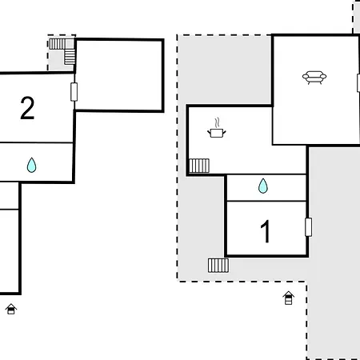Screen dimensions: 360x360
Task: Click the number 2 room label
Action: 27,108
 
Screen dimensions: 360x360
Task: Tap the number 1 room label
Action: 266,231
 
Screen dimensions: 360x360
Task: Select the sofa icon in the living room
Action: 314,78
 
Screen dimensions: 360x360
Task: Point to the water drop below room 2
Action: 31,165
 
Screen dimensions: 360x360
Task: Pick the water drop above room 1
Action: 263,186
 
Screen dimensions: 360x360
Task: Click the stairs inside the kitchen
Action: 199,166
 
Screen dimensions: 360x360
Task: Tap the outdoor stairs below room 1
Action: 218,266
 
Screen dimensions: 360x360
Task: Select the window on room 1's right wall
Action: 308,227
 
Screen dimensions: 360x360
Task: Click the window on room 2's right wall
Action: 74,92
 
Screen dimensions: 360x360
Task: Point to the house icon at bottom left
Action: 11,309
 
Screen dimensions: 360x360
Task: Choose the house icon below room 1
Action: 289,298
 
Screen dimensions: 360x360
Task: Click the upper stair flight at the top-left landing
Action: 57,44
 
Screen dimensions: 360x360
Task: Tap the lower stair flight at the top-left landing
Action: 70,57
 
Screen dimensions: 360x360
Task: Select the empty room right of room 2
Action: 119,75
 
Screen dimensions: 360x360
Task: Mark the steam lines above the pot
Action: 218,122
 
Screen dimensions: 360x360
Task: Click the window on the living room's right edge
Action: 358,83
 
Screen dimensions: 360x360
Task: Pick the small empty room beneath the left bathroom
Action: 9,196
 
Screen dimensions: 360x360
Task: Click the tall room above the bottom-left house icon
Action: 10,251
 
